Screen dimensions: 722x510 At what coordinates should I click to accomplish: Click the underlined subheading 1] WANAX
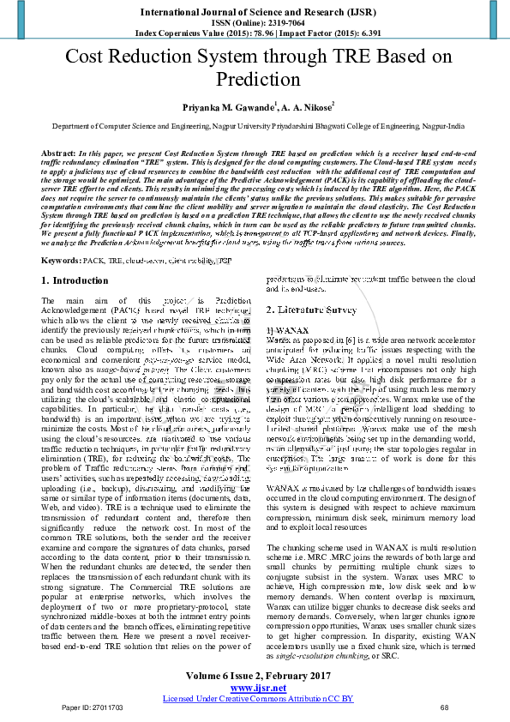[x=285, y=329]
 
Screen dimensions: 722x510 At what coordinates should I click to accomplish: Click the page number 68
[x=444, y=707]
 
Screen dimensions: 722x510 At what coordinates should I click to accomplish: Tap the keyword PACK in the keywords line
[x=95, y=259]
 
